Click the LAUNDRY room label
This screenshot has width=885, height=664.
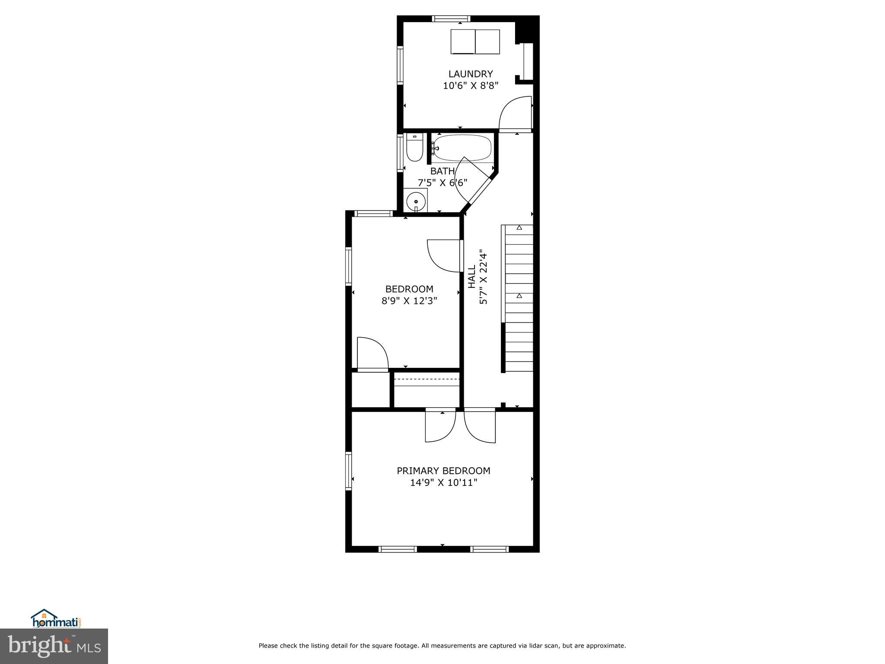[x=470, y=74]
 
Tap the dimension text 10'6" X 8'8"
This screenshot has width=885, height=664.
[x=471, y=86]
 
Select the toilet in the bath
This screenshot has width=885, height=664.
[x=414, y=148]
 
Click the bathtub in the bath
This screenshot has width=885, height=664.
[x=462, y=148]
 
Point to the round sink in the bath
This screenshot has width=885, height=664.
[x=416, y=201]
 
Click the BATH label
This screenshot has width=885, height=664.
[x=442, y=171]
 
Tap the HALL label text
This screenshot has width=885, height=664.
[x=471, y=277]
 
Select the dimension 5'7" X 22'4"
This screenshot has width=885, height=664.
[x=484, y=279]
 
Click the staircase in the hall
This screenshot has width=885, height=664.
[x=519, y=298]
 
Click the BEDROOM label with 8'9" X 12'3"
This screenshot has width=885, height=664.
[x=409, y=289]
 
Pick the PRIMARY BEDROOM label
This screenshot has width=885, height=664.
[x=443, y=471]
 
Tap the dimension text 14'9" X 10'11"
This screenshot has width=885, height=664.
[x=443, y=482]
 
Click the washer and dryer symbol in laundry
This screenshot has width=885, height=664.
[x=475, y=41]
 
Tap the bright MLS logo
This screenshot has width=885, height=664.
[x=54, y=646]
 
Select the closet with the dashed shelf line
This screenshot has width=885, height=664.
[x=427, y=390]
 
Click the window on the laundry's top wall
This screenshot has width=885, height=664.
[x=451, y=19]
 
